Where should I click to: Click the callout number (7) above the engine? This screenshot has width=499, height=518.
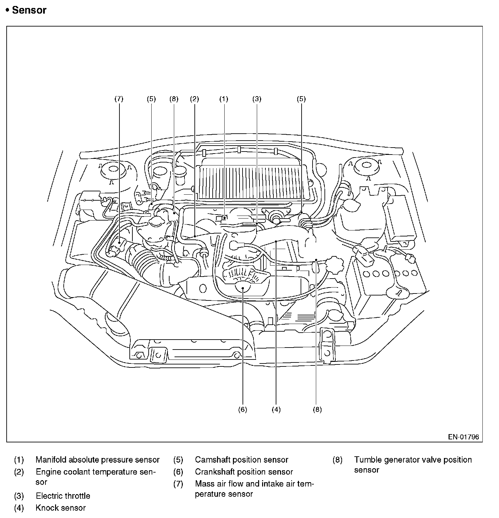(119, 99)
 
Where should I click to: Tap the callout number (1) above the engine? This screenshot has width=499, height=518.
(224, 99)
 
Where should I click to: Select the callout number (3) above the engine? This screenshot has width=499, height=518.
(257, 99)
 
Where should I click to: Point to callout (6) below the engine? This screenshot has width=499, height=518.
(243, 410)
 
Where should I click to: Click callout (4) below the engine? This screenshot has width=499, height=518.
(276, 410)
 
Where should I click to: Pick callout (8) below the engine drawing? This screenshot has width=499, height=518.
(317, 410)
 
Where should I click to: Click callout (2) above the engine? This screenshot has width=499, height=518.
(194, 99)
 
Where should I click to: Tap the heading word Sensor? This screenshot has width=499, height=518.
(29, 10)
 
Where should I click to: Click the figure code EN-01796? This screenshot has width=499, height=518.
(463, 437)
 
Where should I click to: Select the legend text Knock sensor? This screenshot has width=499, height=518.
(61, 508)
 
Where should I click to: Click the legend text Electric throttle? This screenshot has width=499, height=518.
(63, 496)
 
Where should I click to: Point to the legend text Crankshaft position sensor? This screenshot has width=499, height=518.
(244, 472)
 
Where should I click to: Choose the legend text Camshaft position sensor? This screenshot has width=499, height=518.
(242, 460)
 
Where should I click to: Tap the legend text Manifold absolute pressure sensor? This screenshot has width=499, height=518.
(98, 460)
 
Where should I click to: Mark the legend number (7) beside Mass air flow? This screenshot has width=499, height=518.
(178, 484)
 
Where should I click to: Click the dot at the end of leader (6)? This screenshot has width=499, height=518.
(243, 289)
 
